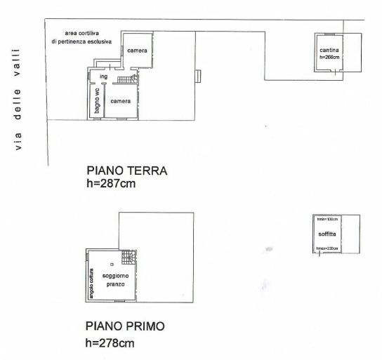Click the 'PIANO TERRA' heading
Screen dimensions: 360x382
pyautogui.click(x=126, y=171)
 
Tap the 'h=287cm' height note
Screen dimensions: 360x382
pyautogui.click(x=110, y=183)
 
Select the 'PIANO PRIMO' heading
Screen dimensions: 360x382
pyautogui.click(x=126, y=326)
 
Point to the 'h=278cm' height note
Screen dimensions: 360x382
pyautogui.click(x=110, y=343)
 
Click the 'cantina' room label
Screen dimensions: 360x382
pyautogui.click(x=329, y=51)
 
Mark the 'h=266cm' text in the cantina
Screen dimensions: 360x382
pyautogui.click(x=329, y=58)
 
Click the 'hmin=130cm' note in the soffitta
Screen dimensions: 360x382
pyautogui.click(x=327, y=220)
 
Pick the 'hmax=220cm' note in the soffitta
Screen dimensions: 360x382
pyautogui.click(x=327, y=248)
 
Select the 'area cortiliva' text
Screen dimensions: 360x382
pyautogui.click(x=82, y=33)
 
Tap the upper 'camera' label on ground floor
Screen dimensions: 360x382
pyautogui.click(x=137, y=51)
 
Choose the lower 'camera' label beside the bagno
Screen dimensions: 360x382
pyautogui.click(x=120, y=102)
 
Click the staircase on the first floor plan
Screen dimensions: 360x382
pyautogui.click(x=126, y=258)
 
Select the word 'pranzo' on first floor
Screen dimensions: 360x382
pyautogui.click(x=115, y=284)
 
